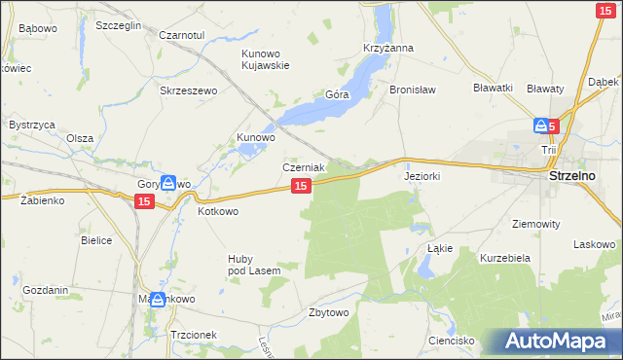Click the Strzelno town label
580,177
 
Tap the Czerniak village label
303,166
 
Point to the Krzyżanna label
388,48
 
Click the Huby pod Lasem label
254,264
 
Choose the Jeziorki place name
422,177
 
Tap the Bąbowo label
38,28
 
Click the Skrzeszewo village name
187,90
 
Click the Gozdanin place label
45,290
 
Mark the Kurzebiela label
503,258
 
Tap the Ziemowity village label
535,223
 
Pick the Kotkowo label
218,210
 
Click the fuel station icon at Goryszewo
168,182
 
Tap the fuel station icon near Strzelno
540,126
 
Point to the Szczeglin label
119,24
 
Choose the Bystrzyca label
31,126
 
